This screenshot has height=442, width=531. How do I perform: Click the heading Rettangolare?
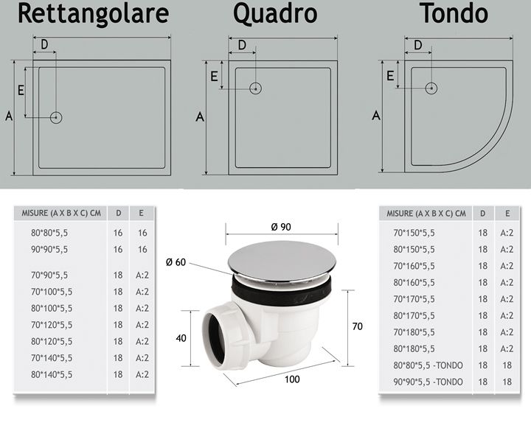coord(94,13)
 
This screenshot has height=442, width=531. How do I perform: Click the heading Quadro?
coord(275,13)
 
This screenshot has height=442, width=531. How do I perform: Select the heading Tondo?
coord(454,13)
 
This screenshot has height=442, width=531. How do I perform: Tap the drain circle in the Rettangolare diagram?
coord(56,118)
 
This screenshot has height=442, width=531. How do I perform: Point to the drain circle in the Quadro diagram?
coord(256,88)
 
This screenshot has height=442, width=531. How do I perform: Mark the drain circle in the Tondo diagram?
coord(431,88)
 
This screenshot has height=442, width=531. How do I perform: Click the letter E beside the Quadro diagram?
coord(214,77)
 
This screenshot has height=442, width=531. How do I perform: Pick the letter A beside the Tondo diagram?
coord(376,116)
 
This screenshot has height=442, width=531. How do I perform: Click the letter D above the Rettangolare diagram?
coord(44,44)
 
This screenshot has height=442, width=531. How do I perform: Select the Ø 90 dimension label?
coord(281,227)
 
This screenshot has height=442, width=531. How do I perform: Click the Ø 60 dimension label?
coord(176,262)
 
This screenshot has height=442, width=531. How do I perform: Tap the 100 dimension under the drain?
coord(292,379)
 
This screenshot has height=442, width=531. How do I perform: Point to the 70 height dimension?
coord(357,326)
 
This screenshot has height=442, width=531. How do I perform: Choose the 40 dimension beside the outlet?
coord(181,338)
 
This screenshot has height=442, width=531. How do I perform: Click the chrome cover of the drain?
coord(282,260)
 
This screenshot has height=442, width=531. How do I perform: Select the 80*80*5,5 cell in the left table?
coord(49,233)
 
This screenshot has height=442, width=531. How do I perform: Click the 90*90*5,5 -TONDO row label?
coord(428,382)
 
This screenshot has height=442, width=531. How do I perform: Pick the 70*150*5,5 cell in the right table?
coord(414,233)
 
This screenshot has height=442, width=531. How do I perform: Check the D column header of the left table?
coord(119,213)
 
